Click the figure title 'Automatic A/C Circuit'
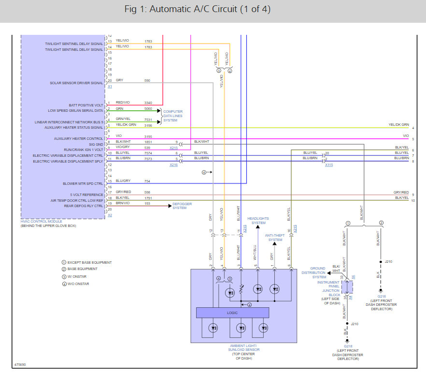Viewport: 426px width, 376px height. pos(212,10)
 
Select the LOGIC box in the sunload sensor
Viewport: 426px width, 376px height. pos(232,313)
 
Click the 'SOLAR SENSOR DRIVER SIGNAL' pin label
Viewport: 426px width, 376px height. pos(76,83)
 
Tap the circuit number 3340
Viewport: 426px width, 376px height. pos(148,103)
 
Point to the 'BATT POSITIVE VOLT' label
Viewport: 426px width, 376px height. pos(86,105)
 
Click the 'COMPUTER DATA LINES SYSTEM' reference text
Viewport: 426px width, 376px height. pos(173,116)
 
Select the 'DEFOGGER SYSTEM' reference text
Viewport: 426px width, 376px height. pos(182,206)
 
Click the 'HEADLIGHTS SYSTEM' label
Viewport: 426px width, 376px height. pos(258,220)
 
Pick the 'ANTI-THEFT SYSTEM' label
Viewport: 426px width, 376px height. pos(275,237)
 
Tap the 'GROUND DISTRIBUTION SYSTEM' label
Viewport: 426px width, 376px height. pos(318,272)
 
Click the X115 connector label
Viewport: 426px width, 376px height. pos(328,165)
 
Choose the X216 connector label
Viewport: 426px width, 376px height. pos(173,165)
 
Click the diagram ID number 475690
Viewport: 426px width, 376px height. pos(20,364)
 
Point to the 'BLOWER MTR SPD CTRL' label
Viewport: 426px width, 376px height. pos(83,183)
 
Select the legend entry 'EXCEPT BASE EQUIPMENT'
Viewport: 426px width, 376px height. pos(89,262)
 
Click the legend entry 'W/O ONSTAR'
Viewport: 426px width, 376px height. pos(78,284)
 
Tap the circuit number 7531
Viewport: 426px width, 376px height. pos(148,120)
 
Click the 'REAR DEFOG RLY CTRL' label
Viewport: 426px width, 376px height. pos(83,206)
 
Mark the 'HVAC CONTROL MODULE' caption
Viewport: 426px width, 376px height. pos(42,221)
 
